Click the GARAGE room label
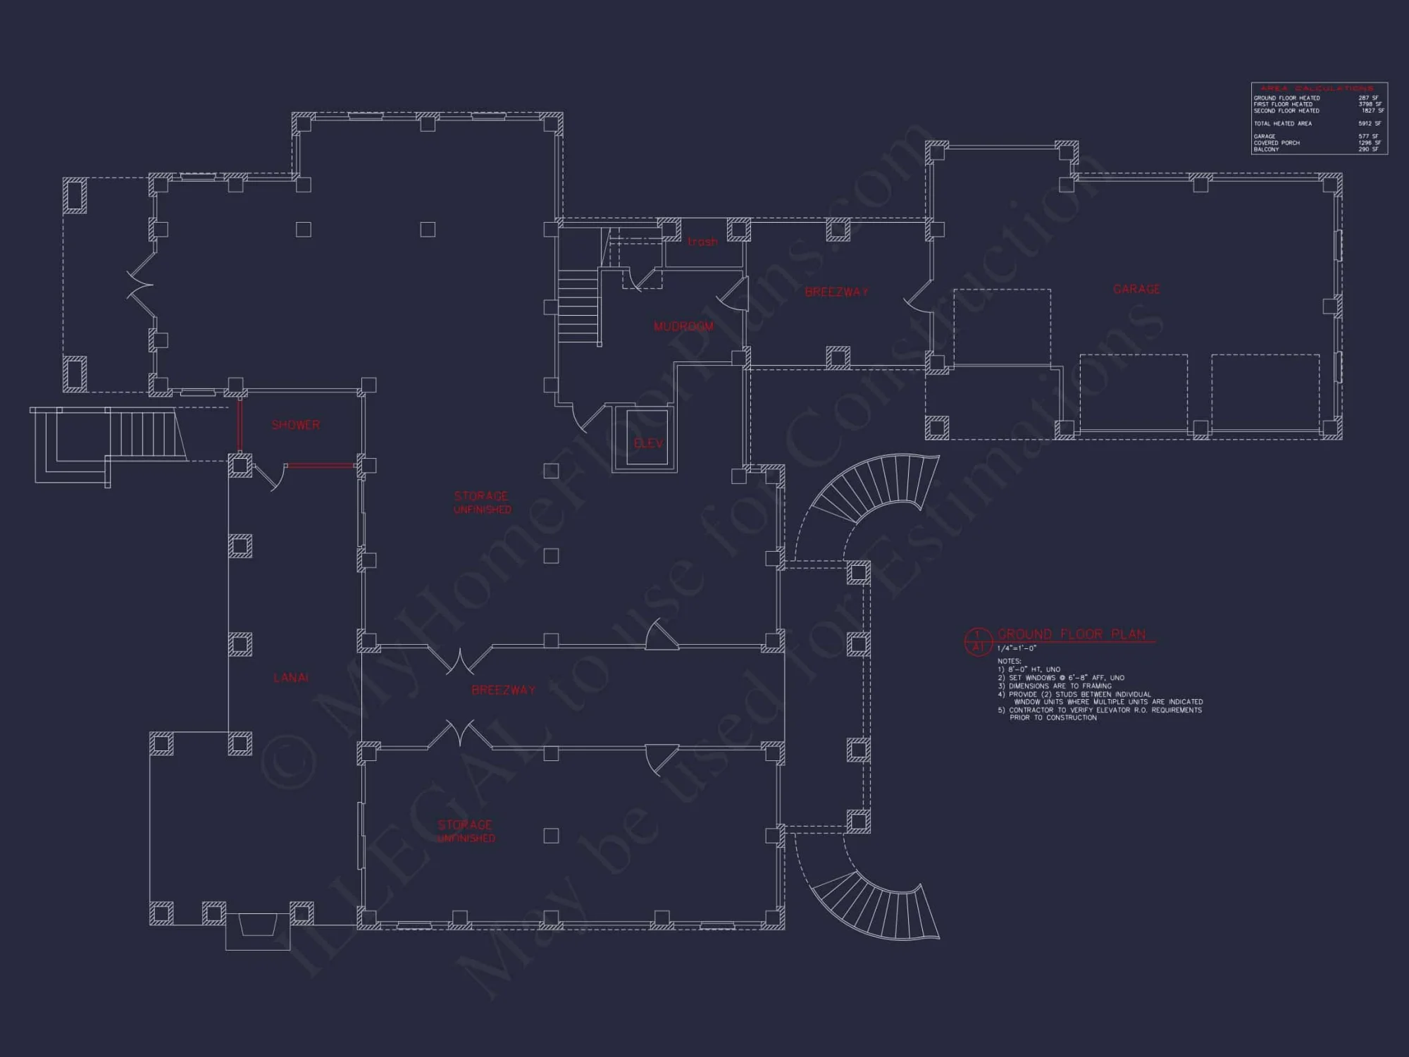pos(1136,289)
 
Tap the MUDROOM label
pos(683,326)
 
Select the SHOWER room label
pos(296,425)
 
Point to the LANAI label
pos(291,678)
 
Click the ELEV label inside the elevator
pos(648,443)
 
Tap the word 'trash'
pos(702,242)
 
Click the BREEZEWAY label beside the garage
pos(837,292)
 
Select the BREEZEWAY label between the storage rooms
pos(503,690)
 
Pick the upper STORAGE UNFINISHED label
pos(482,502)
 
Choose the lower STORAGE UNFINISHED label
pos(466,831)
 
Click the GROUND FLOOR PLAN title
pos(1072,634)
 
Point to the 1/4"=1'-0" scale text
pos(1017,648)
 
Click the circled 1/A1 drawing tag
pos(977,641)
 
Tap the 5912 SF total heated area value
pos(1370,123)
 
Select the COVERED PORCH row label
pos(1277,143)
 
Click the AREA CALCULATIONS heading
pos(1316,89)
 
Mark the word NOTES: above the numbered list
pos(1009,661)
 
